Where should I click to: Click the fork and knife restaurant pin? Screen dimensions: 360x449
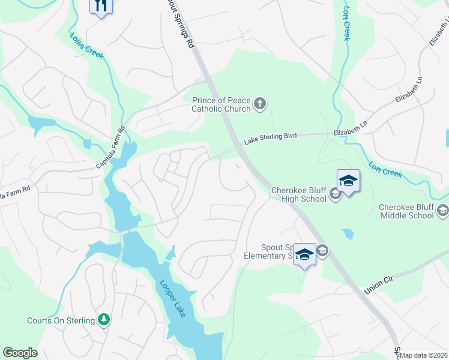pyautogui.click(x=100, y=7)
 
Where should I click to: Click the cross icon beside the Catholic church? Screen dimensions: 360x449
pyautogui.click(x=260, y=104)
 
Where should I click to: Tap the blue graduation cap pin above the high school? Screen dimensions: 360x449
pyautogui.click(x=348, y=181)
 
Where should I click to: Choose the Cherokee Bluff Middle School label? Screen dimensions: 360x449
pyautogui.click(x=406, y=211)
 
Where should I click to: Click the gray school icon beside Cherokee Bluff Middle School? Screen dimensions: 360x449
pyautogui.click(x=443, y=210)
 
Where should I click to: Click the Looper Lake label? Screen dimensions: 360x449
pyautogui.click(x=173, y=298)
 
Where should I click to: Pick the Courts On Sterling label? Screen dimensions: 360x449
pyautogui.click(x=61, y=320)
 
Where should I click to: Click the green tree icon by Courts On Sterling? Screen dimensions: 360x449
pyautogui.click(x=104, y=320)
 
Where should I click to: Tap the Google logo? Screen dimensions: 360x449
pyautogui.click(x=20, y=353)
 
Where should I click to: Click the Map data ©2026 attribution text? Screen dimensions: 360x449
pyautogui.click(x=423, y=355)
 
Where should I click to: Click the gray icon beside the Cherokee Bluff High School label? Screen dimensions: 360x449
pyautogui.click(x=336, y=196)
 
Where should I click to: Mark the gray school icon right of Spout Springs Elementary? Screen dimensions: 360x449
pyautogui.click(x=322, y=251)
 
